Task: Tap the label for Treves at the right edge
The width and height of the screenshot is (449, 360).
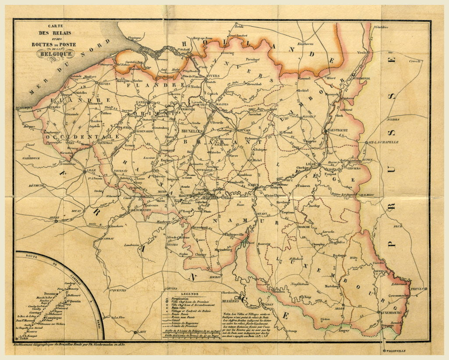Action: pos(417,289)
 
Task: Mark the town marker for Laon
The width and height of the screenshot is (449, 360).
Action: pos(136,332)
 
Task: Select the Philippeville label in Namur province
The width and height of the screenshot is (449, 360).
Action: pos(233,235)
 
